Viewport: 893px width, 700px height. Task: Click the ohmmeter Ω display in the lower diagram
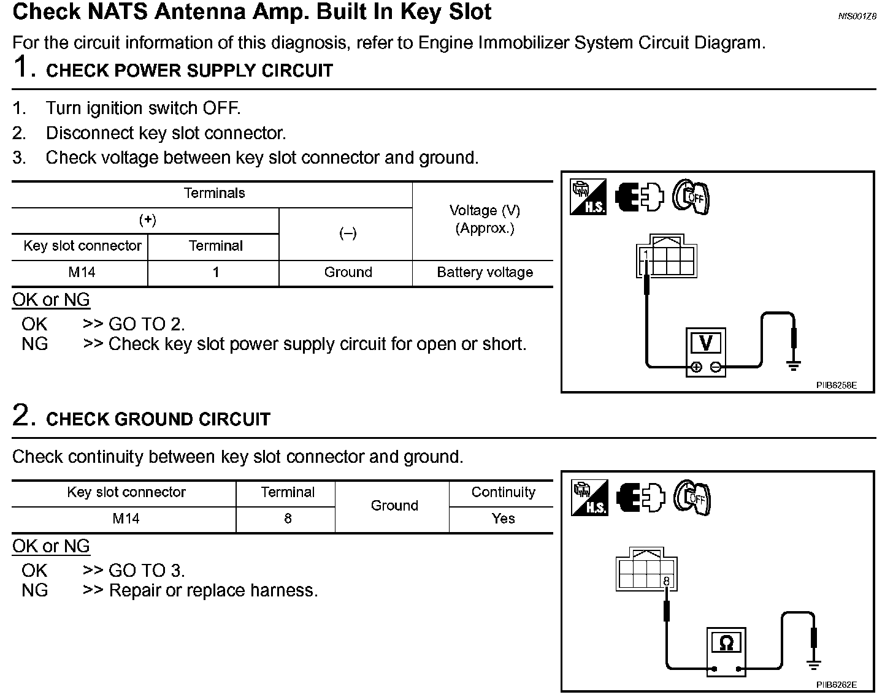click(726, 643)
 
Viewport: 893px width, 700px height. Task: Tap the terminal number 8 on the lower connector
click(667, 581)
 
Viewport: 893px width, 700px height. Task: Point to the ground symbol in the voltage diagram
click(794, 366)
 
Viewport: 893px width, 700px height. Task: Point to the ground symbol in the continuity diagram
click(814, 665)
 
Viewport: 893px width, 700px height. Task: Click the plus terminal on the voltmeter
click(696, 368)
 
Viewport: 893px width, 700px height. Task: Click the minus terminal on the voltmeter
click(716, 368)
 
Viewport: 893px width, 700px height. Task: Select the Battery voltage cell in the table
click(485, 272)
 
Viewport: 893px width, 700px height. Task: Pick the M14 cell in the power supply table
click(82, 272)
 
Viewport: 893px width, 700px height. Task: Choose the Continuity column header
click(503, 492)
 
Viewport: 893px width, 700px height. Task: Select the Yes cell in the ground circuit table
click(503, 519)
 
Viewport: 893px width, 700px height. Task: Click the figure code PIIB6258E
click(836, 386)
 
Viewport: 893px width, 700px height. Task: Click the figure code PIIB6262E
click(836, 685)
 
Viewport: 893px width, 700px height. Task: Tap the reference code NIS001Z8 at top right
click(857, 17)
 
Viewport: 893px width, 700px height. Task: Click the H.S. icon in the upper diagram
click(588, 197)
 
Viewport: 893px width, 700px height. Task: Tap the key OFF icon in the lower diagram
click(692, 497)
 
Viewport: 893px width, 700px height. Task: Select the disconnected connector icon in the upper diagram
click(640, 197)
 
